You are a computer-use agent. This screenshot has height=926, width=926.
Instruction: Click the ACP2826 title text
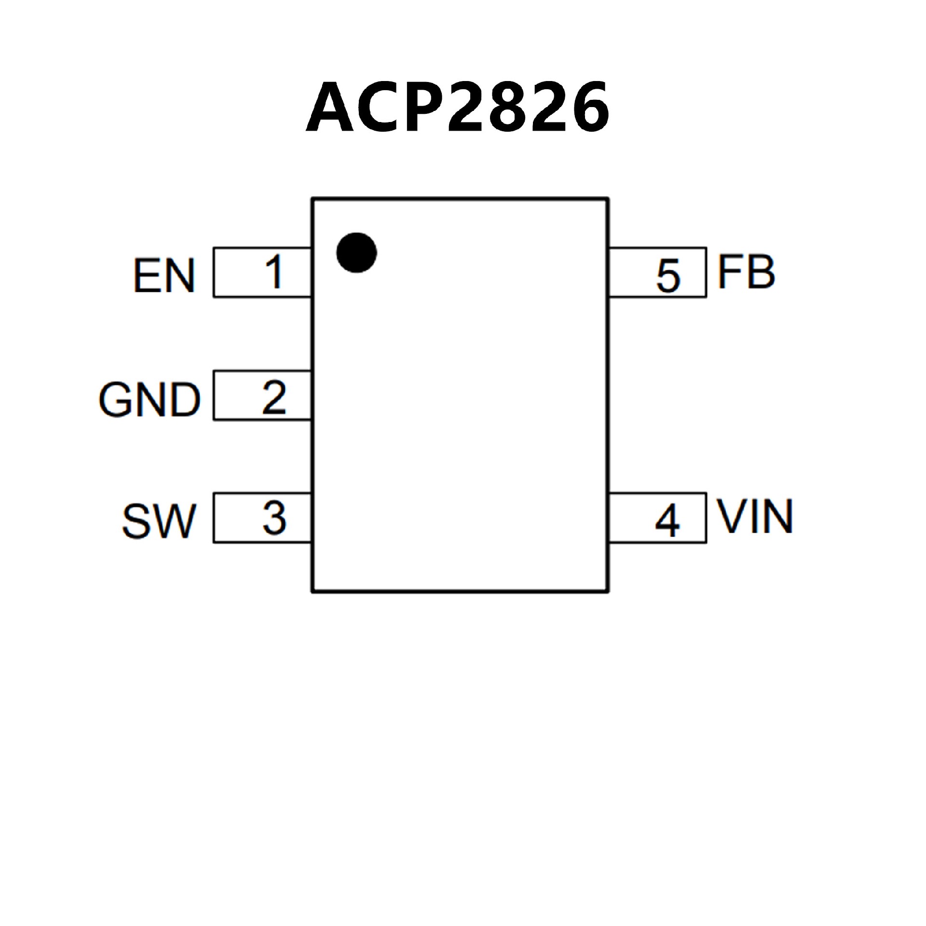[457, 107]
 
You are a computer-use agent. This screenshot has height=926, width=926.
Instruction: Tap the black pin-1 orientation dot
[356, 253]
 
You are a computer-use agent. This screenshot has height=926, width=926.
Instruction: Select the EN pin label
[164, 276]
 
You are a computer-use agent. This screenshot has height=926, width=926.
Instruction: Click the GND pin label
[150, 400]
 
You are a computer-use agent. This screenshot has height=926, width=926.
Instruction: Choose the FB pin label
[746, 272]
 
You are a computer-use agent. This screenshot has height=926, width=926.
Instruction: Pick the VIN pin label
[755, 517]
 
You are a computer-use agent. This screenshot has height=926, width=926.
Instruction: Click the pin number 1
[274, 272]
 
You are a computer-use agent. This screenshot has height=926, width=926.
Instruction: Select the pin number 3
[274, 518]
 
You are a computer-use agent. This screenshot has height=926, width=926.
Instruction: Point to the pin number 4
[667, 522]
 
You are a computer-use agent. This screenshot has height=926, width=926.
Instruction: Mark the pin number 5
[668, 276]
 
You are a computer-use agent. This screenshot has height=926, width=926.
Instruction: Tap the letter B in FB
[760, 272]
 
